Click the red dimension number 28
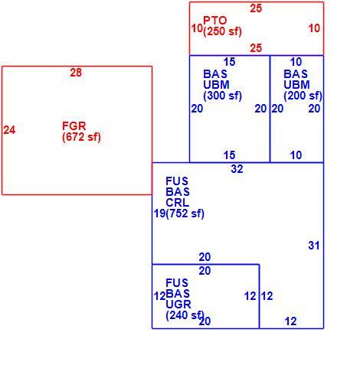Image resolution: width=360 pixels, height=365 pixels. (x=76, y=73)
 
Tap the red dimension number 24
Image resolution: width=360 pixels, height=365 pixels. (x=9, y=130)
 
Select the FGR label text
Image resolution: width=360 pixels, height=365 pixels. (x=74, y=126)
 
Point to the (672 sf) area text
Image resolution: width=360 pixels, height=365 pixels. (x=81, y=137)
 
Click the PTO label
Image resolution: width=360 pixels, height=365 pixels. (x=215, y=21)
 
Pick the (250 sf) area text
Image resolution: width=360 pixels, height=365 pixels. (x=222, y=31)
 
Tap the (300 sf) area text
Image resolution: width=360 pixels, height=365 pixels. (x=222, y=96)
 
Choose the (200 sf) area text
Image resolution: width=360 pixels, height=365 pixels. (x=303, y=96)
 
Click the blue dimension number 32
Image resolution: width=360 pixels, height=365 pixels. (x=237, y=169)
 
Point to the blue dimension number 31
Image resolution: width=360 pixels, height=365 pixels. (x=314, y=246)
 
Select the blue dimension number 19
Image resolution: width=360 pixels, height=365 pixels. (x=159, y=213)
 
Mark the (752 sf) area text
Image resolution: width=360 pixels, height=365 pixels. (x=185, y=213)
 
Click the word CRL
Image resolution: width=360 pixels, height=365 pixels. (x=178, y=203)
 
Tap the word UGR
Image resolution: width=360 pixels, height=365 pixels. (x=178, y=305)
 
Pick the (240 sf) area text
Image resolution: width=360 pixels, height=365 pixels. (x=185, y=315)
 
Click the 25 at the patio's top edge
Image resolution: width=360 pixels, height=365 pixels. (x=256, y=8)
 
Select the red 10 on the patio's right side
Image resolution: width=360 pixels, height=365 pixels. (x=314, y=28)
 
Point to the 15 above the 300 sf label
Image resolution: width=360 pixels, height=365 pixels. (x=229, y=62)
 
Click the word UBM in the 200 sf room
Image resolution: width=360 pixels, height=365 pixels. (x=296, y=85)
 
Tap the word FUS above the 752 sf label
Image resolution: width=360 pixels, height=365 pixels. (x=177, y=181)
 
